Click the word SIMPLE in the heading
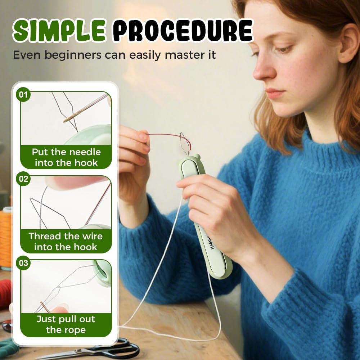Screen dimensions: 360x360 click(59, 31)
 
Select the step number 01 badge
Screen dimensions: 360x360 click(23, 95)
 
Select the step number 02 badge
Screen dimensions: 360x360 click(23, 179)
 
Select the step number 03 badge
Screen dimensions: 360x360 click(23, 263)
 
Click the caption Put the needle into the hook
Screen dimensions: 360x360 click(66, 157)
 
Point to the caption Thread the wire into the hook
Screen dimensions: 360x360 click(66, 242)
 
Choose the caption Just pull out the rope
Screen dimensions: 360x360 click(66, 324)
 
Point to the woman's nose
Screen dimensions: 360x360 click(263, 70)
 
